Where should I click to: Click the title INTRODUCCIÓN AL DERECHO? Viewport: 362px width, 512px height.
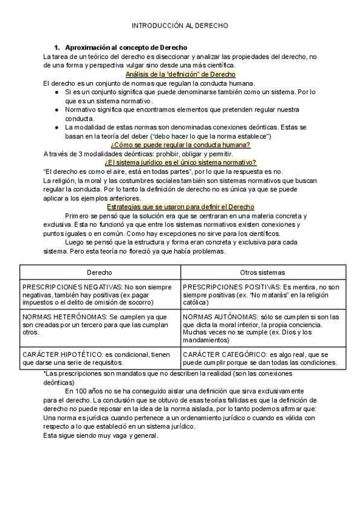click(180, 27)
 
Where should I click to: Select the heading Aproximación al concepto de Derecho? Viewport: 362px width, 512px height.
click(126, 47)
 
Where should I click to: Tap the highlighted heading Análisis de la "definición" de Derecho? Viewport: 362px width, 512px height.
click(181, 74)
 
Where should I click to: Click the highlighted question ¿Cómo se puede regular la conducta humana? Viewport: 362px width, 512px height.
click(181, 145)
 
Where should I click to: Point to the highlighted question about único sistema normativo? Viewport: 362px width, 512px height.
click(181, 162)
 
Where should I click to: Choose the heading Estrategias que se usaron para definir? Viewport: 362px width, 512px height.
click(181, 207)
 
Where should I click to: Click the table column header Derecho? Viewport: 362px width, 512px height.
click(100, 273)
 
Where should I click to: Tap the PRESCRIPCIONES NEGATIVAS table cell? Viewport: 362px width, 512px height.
click(100, 294)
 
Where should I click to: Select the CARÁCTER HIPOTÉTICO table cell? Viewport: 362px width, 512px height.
click(100, 358)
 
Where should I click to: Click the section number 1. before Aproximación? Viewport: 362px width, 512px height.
click(57, 47)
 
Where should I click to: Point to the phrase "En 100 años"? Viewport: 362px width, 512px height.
click(87, 391)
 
